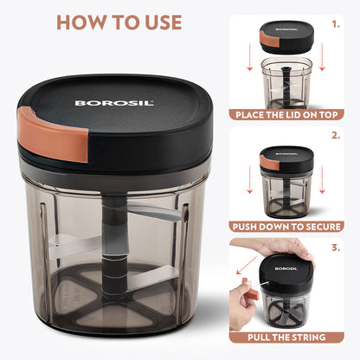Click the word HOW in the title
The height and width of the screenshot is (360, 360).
pyautogui.click(x=84, y=22)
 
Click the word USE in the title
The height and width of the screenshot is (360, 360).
pyautogui.click(x=157, y=22)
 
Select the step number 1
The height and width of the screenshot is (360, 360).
pyautogui.click(x=336, y=23)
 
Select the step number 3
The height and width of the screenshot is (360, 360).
pyautogui.click(x=336, y=248)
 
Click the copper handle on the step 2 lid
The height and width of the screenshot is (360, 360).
pyautogui.click(x=269, y=163)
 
